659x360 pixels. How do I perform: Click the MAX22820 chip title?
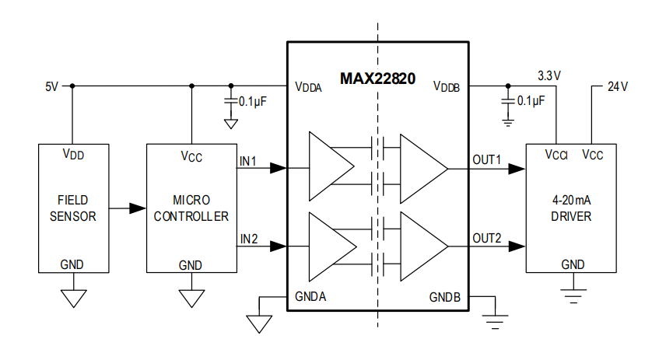point(377,79)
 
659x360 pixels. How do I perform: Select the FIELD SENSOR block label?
point(72,208)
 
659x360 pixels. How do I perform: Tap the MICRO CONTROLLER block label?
point(191,208)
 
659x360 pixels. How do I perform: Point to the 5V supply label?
point(51,86)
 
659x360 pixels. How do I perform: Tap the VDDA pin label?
point(308,87)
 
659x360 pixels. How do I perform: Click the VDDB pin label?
point(447,87)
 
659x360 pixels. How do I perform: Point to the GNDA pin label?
point(311,297)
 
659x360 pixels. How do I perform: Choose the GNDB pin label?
point(445,297)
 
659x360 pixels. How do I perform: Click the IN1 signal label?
point(248,160)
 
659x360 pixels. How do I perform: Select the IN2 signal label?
point(248,238)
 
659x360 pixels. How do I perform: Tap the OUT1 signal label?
point(487,160)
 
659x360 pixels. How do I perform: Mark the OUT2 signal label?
point(487,238)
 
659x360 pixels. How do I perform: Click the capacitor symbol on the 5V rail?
point(230,101)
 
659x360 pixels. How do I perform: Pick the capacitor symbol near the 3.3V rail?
point(508,101)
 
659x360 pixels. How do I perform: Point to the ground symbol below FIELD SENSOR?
point(72,296)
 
